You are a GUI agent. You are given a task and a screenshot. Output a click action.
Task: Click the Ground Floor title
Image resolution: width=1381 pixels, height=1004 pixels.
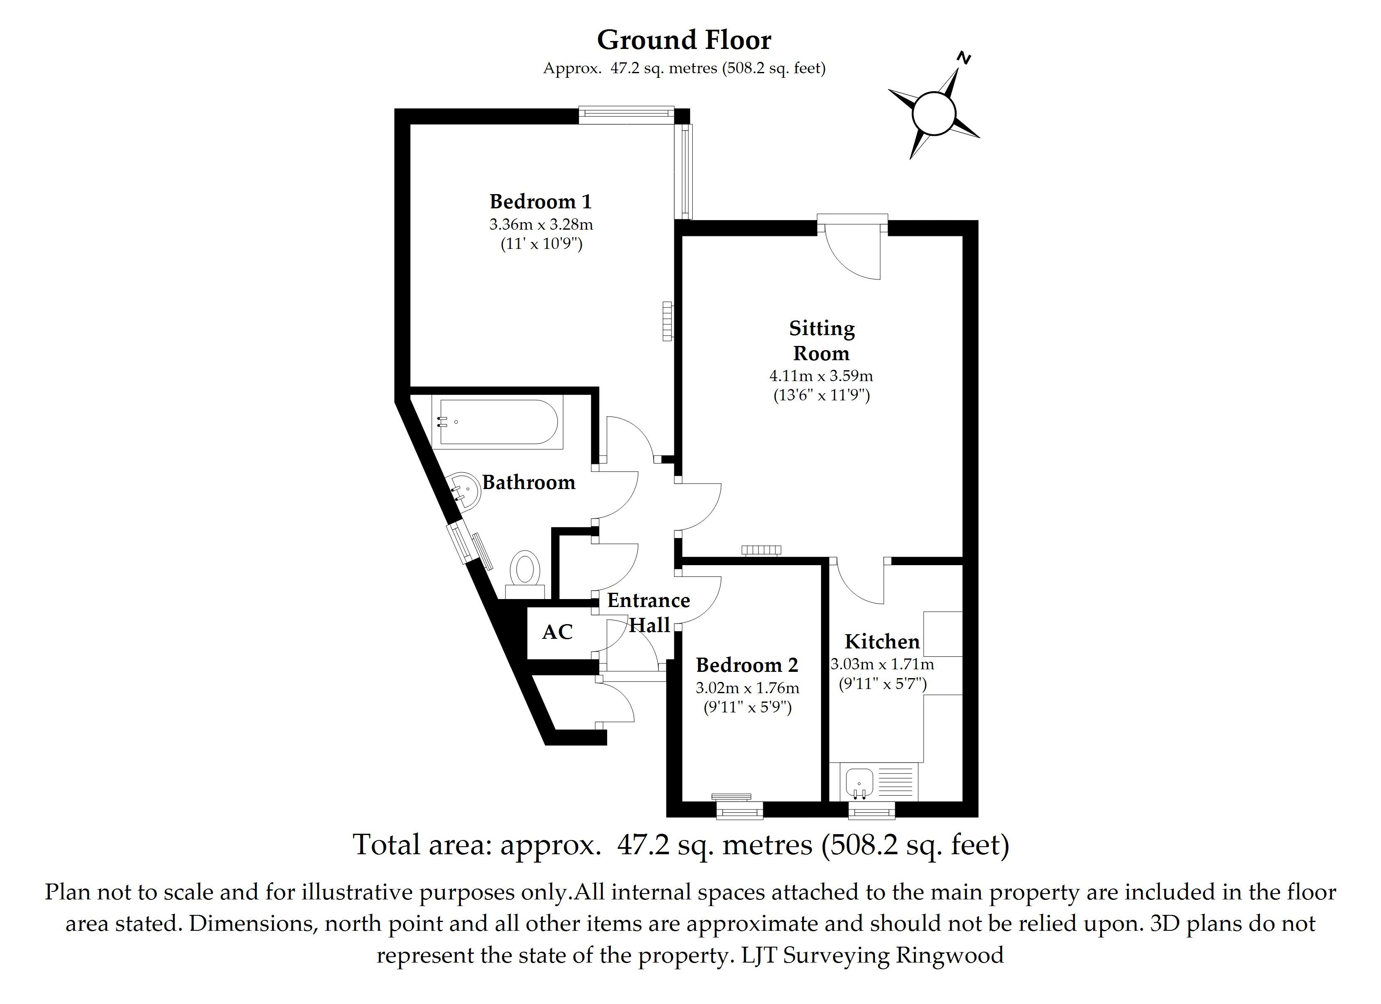tap(684, 40)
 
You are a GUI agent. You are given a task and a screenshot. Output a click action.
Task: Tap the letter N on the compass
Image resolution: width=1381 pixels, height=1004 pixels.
tap(963, 59)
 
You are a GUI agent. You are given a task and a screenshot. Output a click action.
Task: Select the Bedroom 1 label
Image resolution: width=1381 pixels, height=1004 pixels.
tap(540, 202)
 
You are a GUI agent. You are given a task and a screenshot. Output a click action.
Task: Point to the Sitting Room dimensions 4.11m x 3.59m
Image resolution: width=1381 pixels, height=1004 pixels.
tap(821, 376)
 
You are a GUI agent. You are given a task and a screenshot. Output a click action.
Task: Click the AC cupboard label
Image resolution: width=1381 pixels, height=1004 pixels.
tap(557, 633)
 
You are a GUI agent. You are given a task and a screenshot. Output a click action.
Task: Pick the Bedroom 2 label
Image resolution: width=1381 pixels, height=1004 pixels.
tap(747, 665)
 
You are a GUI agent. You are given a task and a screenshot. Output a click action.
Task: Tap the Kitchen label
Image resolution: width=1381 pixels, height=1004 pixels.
tap(882, 642)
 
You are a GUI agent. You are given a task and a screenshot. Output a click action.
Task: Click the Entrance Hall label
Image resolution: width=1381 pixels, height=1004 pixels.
tap(649, 612)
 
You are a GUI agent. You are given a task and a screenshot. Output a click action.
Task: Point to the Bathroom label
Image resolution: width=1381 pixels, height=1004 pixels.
tap(529, 483)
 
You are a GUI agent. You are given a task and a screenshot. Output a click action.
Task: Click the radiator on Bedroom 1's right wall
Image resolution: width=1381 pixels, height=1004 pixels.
tap(667, 321)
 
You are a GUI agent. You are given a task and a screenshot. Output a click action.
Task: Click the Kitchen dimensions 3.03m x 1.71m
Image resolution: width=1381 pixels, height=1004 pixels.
tap(882, 664)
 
